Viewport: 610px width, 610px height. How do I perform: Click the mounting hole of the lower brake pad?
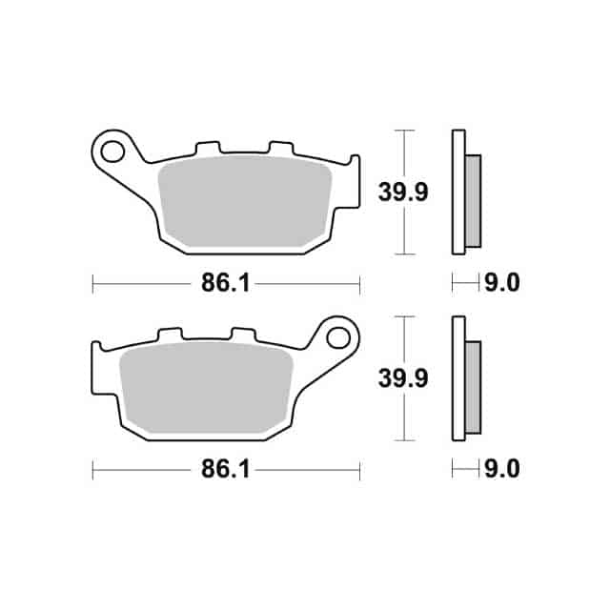337,336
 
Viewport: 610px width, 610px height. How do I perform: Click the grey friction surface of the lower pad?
205,386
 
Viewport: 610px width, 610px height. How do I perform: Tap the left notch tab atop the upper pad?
207,150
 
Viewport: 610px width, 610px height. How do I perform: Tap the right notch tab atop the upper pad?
280,150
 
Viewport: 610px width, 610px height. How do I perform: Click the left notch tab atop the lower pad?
170,335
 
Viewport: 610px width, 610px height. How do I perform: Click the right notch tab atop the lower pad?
243,335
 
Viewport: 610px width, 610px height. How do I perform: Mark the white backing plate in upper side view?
457,192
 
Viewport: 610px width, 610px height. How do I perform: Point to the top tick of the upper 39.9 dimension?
406,130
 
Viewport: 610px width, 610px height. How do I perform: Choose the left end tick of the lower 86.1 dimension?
92,470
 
